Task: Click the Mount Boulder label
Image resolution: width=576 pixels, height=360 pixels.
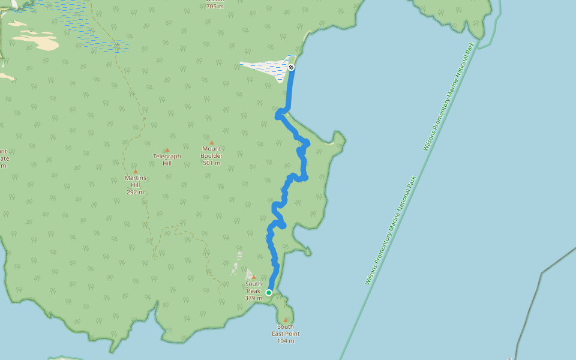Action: (212, 152)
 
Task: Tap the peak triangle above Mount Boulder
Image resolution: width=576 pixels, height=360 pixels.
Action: (212, 143)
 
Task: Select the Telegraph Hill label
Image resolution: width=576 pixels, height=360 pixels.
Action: (167, 160)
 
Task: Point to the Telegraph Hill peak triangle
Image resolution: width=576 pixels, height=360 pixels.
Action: (167, 150)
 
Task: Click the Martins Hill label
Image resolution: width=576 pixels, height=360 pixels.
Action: (136, 181)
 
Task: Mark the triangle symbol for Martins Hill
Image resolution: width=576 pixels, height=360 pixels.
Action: (136, 172)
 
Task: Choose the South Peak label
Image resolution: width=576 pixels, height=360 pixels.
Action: (253, 287)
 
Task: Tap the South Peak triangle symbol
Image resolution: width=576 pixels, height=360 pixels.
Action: (254, 277)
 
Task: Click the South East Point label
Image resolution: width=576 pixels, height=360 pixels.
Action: (286, 330)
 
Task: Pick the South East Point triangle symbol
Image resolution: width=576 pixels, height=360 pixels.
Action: (286, 320)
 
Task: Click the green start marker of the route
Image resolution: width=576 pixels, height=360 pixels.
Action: (269, 293)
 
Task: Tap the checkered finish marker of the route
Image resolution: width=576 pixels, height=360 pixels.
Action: (291, 67)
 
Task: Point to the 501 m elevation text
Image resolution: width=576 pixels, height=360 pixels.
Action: (212, 163)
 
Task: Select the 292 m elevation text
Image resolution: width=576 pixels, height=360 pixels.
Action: (136, 193)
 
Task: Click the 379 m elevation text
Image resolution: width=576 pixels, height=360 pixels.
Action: (253, 298)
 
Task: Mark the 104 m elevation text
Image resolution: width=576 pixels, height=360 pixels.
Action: (286, 341)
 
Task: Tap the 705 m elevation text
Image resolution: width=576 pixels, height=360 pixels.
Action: (215, 7)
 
